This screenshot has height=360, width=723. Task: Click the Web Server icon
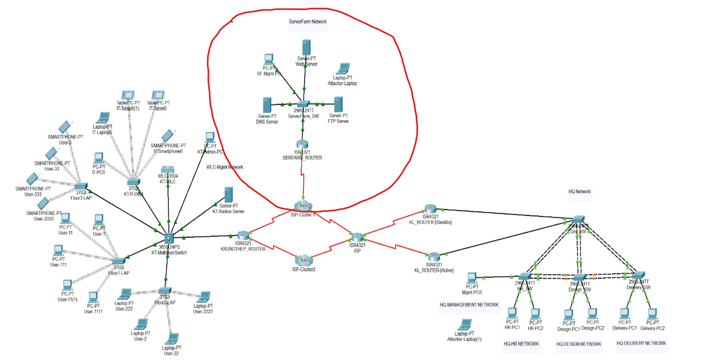pos(306,47)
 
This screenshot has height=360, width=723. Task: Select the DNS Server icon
pos(267,105)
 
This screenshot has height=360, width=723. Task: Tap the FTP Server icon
pos(338,104)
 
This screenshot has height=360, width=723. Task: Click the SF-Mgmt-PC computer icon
pos(269,59)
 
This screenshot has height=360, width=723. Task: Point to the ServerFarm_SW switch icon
pos(303,104)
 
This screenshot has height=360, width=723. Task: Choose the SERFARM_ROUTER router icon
pos(302,144)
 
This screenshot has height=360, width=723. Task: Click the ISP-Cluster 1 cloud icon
pos(303,206)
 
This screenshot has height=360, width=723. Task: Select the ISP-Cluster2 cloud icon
pos(304,260)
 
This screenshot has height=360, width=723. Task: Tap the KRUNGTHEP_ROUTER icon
pos(243,235)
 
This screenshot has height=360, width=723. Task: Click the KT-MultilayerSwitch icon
pos(169,238)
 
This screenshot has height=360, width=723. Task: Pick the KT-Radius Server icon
pos(229,195)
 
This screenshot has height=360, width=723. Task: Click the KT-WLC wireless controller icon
pos(168,169)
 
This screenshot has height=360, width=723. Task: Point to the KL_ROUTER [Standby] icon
pos(430,209)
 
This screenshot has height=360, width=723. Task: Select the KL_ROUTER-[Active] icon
pos(434,256)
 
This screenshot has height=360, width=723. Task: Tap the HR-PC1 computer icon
pos(512,313)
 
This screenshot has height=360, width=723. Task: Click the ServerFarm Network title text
pos(308,22)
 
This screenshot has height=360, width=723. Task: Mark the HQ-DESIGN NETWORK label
pos(579,344)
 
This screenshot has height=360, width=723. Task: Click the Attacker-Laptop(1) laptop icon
pos(465,324)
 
